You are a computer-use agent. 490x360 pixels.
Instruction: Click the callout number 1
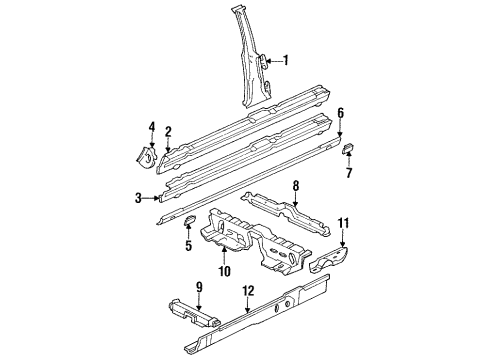(285, 60)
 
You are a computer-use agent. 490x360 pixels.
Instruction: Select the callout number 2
(168, 132)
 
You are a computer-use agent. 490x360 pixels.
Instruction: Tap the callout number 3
(138, 198)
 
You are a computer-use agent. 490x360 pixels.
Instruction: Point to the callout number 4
(152, 127)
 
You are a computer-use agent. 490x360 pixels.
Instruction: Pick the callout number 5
(189, 246)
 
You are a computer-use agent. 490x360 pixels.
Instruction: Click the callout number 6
(340, 113)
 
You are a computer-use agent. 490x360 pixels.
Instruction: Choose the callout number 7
(349, 173)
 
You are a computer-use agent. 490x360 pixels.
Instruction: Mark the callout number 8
(296, 186)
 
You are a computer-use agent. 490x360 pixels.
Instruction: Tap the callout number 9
(199, 287)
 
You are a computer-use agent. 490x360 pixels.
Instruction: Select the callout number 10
(224, 271)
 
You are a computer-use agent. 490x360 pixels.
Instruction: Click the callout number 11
(343, 223)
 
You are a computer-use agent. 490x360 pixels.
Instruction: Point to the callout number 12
(248, 291)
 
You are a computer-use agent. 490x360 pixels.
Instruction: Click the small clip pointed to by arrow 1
(263, 62)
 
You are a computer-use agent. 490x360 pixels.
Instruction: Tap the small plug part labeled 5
(189, 220)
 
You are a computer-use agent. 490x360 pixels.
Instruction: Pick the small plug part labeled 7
(349, 147)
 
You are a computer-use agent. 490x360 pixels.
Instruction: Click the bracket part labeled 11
(329, 260)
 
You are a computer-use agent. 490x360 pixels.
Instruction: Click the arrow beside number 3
(151, 198)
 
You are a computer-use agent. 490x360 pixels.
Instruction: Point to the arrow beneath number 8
(296, 199)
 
